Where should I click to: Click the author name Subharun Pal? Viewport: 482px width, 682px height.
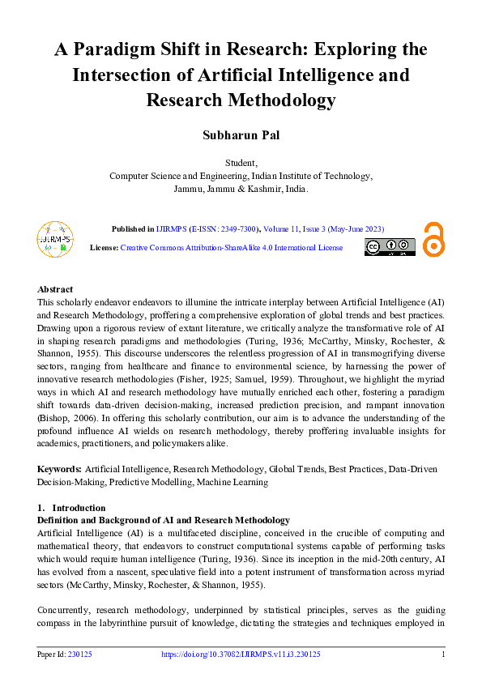coord(241,134)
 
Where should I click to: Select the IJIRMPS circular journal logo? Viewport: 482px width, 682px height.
coord(54,237)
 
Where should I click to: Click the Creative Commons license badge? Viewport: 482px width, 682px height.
coord(390,247)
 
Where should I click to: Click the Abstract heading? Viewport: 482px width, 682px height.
coord(55,289)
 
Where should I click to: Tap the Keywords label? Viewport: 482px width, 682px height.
coord(59,469)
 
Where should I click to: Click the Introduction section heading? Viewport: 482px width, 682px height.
coord(66,508)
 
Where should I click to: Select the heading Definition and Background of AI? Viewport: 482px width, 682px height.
coord(163,520)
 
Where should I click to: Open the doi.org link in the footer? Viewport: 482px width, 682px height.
coord(241,654)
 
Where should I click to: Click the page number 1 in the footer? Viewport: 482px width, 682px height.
coord(443,654)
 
